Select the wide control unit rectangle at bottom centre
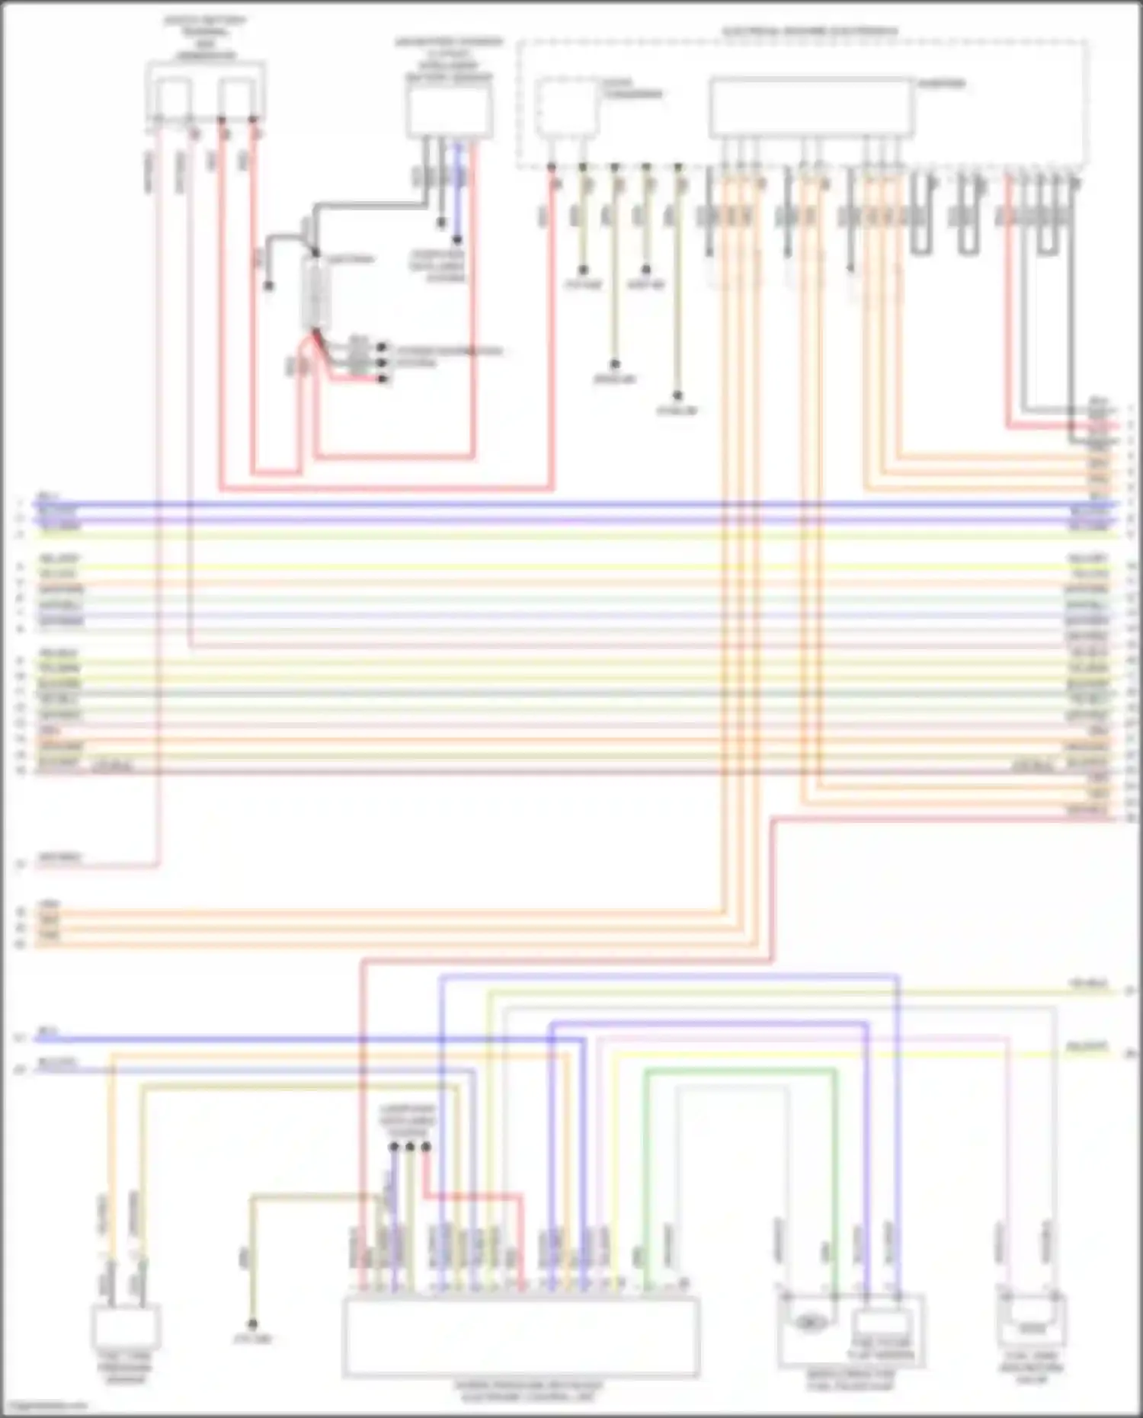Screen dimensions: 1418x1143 point(520,1337)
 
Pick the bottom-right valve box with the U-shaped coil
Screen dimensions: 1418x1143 point(1033,1324)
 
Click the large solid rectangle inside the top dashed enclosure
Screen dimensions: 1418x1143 point(811,107)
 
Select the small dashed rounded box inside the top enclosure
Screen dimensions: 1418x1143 point(565,107)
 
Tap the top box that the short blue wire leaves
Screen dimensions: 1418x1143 point(449,110)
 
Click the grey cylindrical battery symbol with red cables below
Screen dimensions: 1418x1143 point(316,293)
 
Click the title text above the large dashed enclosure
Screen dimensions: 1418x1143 point(809,31)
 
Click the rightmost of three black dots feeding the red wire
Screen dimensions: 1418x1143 point(426,1146)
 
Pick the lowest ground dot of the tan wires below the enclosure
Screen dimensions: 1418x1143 point(677,396)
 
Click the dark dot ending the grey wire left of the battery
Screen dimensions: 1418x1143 point(269,286)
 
